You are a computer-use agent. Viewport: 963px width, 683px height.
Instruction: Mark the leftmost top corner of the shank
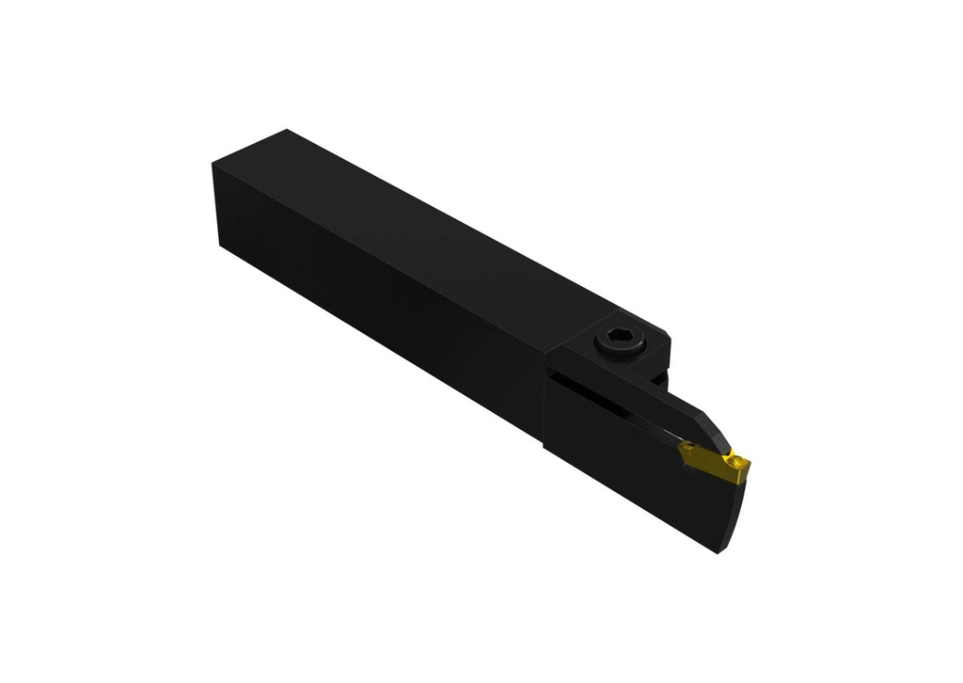(x=214, y=166)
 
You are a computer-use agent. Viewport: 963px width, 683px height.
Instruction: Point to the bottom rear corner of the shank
(x=222, y=246)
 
